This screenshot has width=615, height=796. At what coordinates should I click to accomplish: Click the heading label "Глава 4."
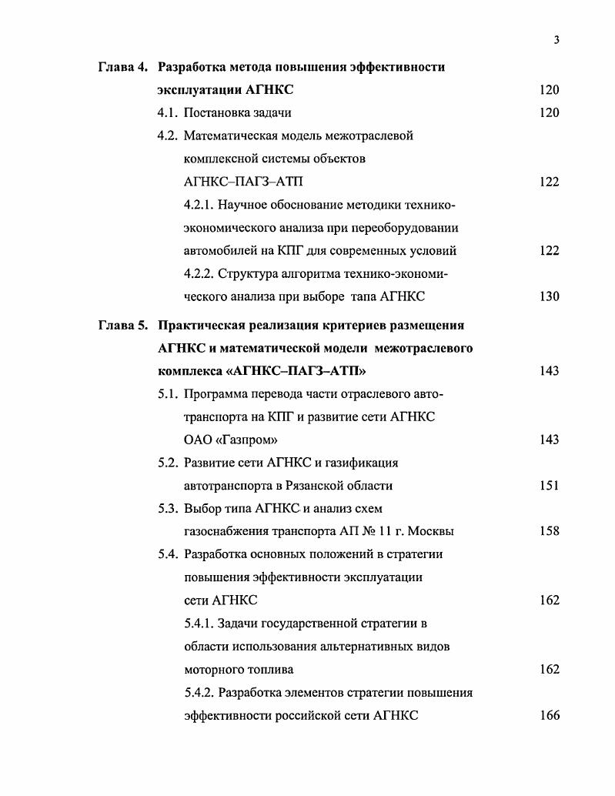[123, 67]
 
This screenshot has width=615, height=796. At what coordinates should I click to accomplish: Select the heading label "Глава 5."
[123, 326]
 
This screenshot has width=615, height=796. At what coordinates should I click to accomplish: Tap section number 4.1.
[168, 113]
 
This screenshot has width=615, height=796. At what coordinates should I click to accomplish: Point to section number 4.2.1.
[199, 205]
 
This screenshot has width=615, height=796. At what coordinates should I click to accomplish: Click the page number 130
[549, 296]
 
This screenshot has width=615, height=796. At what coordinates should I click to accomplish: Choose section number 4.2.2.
[199, 274]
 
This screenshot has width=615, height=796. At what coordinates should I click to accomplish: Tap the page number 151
[549, 486]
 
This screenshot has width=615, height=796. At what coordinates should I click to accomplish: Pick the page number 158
[549, 531]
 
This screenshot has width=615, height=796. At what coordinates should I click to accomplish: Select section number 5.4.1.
[199, 624]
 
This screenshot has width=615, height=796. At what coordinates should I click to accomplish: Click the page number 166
[549, 715]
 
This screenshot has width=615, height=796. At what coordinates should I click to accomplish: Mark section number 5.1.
[168, 394]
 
